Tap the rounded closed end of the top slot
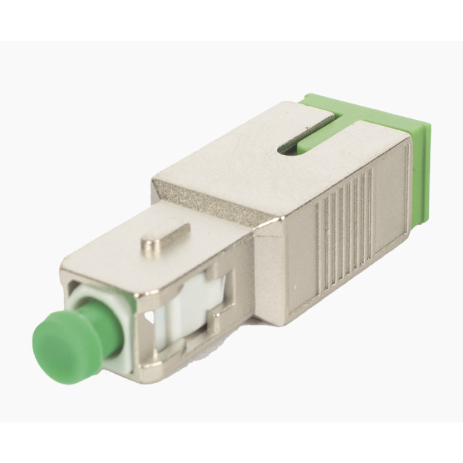point(284,149)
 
